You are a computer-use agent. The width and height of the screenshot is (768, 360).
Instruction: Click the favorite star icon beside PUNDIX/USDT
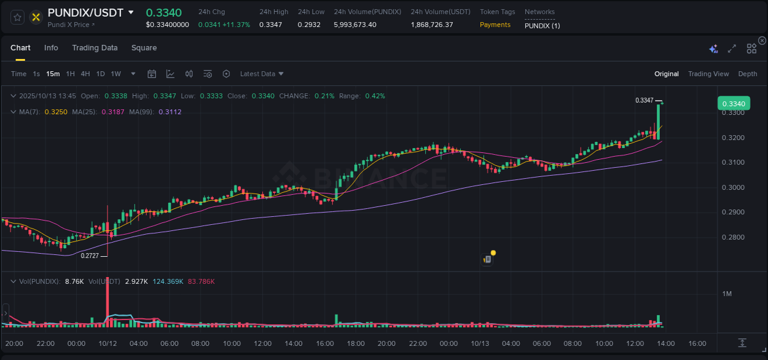click(17, 17)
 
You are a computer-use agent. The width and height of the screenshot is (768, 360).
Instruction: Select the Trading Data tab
click(95, 48)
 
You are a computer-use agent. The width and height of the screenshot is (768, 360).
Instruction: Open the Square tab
click(144, 48)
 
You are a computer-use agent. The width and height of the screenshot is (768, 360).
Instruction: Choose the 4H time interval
click(85, 74)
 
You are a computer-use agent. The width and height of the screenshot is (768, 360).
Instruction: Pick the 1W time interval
click(116, 74)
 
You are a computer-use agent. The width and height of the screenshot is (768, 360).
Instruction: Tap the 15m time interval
click(53, 74)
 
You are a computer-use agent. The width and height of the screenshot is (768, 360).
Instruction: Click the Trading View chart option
click(708, 74)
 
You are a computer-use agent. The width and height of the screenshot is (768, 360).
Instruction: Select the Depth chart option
click(747, 74)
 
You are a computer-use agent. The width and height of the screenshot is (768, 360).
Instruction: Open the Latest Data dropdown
click(262, 74)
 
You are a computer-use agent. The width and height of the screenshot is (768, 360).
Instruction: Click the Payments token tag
click(495, 25)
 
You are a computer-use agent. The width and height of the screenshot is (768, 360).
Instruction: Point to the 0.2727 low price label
click(90, 256)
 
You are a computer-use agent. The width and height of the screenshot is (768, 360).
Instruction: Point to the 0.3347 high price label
click(644, 100)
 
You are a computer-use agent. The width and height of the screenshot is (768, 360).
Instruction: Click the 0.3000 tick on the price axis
click(733, 187)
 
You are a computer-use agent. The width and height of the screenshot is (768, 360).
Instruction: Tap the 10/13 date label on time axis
click(480, 343)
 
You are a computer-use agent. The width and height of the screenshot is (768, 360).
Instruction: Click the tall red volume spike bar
click(108, 301)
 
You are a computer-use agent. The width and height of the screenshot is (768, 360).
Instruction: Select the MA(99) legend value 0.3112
click(170, 112)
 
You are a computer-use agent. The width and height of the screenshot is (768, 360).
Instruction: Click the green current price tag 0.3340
click(733, 104)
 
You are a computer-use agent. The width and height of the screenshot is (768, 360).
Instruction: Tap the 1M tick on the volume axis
click(727, 294)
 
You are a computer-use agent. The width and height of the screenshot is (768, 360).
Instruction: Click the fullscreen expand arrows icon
click(732, 49)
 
